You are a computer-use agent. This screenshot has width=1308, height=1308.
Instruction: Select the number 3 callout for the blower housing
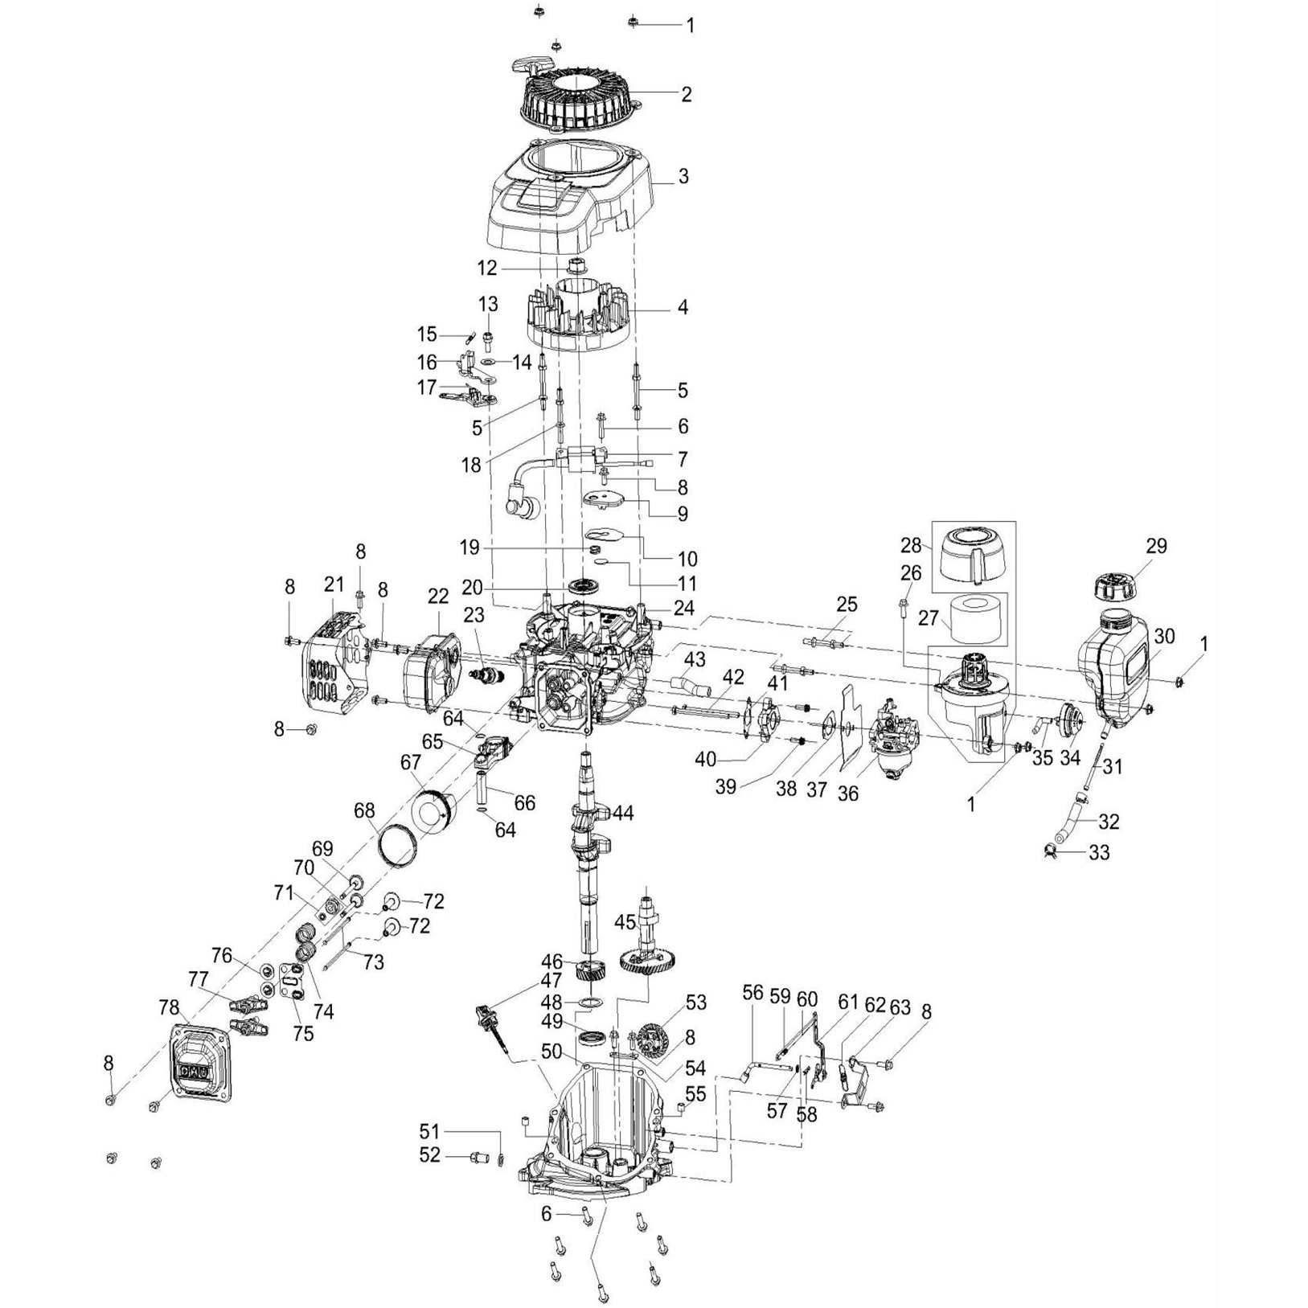coord(683,175)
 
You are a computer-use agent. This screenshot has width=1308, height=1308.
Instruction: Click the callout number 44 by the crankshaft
coord(623,813)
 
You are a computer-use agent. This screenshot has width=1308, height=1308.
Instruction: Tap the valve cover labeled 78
coord(196,1066)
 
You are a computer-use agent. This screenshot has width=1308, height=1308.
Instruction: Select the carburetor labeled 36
coord(892,736)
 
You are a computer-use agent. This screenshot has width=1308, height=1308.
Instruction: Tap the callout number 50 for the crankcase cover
coord(551,1052)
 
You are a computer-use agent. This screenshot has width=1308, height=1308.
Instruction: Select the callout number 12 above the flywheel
coord(486,268)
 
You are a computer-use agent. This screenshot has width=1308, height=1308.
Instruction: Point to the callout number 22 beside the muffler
coord(437,596)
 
